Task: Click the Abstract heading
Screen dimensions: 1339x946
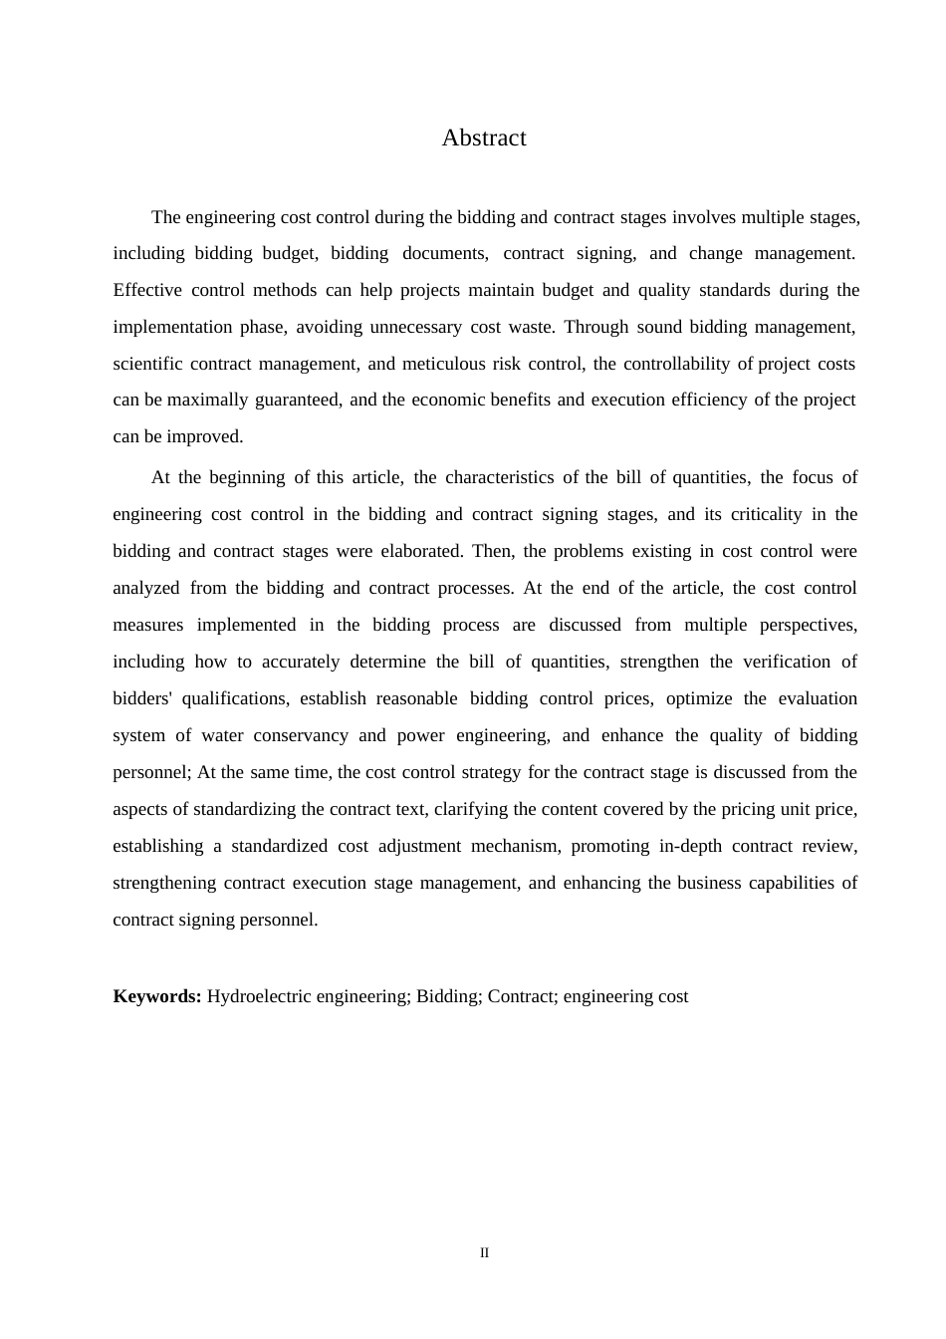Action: coord(484,137)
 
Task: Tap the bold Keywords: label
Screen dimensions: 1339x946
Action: coord(157,996)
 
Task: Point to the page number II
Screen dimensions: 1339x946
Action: coord(485,1253)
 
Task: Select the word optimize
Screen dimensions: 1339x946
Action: coord(698,698)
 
